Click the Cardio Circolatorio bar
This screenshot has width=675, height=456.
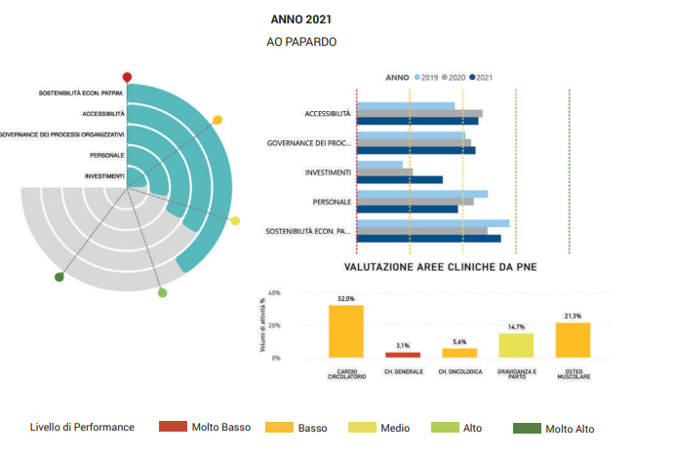345,331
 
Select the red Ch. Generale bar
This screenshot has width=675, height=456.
403,354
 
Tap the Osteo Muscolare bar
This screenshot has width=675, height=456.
573,340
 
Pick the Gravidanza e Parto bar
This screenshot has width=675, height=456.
516,346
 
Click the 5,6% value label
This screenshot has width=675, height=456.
459,342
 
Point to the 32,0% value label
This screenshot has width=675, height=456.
345,299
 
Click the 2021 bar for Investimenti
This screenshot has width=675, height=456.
400,179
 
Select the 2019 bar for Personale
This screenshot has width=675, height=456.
422,194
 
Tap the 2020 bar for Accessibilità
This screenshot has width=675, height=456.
419,113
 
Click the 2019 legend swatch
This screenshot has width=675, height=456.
417,76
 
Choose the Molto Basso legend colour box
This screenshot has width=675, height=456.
172,427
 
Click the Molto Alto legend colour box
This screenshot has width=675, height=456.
526,428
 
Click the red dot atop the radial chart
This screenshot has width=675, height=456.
127,76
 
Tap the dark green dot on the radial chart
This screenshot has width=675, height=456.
60,278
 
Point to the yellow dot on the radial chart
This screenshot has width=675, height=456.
234,221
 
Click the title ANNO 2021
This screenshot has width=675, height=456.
299,18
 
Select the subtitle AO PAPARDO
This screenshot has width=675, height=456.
301,42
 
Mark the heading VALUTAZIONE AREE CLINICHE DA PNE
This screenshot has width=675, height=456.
440,265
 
